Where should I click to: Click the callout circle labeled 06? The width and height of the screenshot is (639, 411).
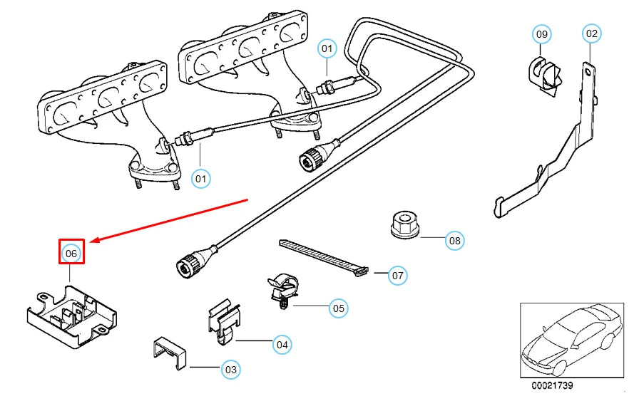tap(71, 252)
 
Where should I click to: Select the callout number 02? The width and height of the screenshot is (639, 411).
tap(592, 33)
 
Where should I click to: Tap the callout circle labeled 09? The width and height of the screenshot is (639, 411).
tap(542, 33)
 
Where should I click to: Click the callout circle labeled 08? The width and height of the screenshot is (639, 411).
tap(454, 241)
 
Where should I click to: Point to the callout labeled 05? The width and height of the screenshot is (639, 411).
tap(339, 308)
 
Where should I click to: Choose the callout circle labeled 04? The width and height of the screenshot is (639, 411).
tap(282, 345)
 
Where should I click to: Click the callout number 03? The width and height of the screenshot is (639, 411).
tap(230, 369)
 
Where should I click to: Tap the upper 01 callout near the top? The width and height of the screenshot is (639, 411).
tap(327, 48)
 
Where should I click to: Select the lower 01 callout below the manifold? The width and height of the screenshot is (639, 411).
tap(201, 177)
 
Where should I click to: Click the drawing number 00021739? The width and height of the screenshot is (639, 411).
tap(551, 385)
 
